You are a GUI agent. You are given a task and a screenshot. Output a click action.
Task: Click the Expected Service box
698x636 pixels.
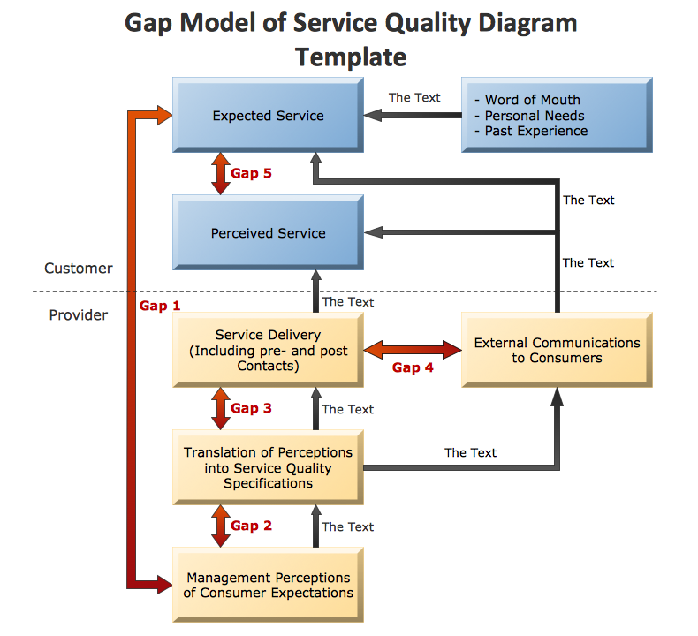pyautogui.click(x=268, y=116)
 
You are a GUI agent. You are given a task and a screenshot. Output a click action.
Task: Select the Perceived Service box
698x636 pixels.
pyautogui.click(x=268, y=233)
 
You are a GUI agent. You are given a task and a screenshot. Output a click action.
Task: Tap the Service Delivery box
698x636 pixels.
pyautogui.click(x=268, y=350)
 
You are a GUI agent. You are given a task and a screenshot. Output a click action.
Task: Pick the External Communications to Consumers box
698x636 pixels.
pyautogui.click(x=557, y=350)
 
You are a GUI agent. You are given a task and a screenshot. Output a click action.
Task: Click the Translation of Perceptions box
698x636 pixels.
pyautogui.click(x=268, y=467)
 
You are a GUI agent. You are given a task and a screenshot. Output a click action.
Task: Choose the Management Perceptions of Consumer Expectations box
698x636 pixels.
pyautogui.click(x=268, y=585)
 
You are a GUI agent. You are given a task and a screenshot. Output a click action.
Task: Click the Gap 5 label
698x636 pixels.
pyautogui.click(x=251, y=174)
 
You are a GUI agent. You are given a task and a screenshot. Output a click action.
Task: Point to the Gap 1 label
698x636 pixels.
pyautogui.click(x=160, y=307)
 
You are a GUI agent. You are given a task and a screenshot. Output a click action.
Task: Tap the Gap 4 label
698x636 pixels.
pyautogui.click(x=413, y=367)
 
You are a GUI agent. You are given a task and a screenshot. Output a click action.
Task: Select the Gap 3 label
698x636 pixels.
pyautogui.click(x=251, y=409)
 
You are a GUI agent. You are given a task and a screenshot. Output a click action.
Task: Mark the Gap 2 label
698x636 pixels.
pyautogui.click(x=251, y=526)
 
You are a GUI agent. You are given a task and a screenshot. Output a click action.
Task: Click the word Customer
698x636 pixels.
pyautogui.click(x=79, y=268)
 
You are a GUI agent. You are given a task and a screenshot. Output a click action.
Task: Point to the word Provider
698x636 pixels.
pyautogui.click(x=79, y=314)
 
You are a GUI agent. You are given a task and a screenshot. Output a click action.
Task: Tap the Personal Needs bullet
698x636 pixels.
pyautogui.click(x=529, y=116)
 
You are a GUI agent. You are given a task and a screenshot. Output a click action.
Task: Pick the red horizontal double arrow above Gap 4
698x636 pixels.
pyautogui.click(x=413, y=349)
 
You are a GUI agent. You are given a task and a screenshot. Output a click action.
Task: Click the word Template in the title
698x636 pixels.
pyautogui.click(x=351, y=57)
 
